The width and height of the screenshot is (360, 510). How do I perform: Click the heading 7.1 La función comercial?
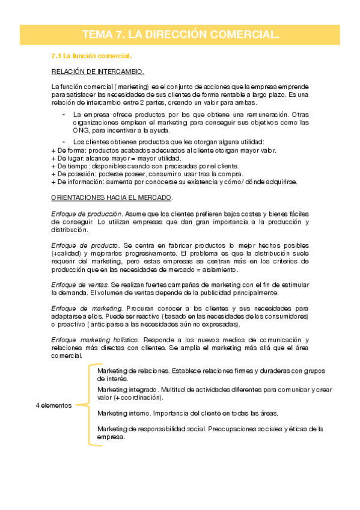coord(91,56)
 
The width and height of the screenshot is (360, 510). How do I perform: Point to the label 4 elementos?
coord(53,405)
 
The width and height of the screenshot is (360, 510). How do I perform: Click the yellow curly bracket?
coord(88,404)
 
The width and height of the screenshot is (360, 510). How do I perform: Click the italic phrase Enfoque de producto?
coord(85,245)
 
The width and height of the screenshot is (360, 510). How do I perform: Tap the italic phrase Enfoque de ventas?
coord(80,284)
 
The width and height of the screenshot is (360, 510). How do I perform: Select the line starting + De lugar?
coord(108,158)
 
